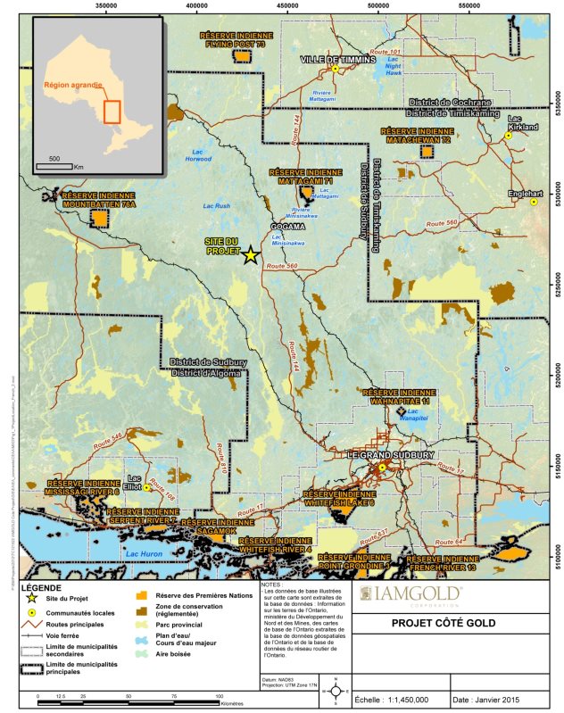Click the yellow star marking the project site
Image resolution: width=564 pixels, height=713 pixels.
click(251, 255)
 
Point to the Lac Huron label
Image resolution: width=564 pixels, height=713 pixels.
click(144, 554)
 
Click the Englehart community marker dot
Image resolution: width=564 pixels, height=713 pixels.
click(534, 202)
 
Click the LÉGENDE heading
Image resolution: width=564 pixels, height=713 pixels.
click(40, 589)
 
